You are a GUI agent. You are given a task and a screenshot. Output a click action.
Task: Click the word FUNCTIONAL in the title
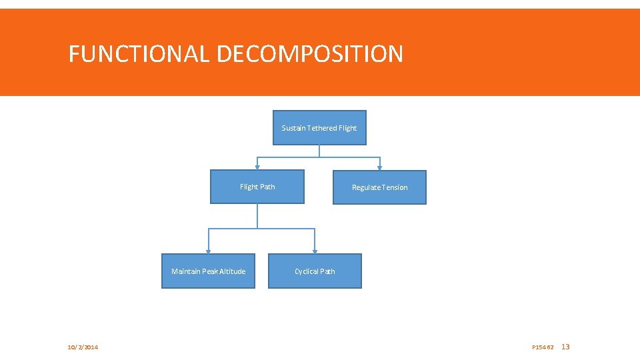(x=139, y=53)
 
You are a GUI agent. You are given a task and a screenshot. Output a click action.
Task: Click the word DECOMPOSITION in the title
(x=309, y=53)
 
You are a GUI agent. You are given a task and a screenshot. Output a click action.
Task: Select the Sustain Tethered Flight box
(x=319, y=127)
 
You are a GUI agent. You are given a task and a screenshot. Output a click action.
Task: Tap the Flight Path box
(x=257, y=187)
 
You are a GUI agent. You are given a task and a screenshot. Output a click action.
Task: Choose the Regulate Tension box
(x=379, y=187)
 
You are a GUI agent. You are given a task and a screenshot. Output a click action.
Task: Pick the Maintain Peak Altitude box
(x=208, y=271)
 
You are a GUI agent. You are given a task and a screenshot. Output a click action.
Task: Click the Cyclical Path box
(x=315, y=271)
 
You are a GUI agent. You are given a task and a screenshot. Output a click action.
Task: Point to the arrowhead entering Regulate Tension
(x=380, y=167)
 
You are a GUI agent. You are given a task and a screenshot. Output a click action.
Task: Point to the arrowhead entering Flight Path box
(x=257, y=167)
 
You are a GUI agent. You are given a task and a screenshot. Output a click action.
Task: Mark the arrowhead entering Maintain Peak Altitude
(x=208, y=251)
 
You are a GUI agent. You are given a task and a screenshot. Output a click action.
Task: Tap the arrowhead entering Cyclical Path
(x=315, y=251)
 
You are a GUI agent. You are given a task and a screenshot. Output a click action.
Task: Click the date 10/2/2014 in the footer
(x=83, y=347)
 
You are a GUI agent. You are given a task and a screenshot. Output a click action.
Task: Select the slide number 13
(x=566, y=347)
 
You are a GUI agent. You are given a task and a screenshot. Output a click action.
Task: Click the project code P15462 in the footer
(x=543, y=347)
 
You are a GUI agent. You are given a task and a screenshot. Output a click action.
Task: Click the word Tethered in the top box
(x=323, y=128)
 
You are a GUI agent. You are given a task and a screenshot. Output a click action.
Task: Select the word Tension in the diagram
(x=395, y=187)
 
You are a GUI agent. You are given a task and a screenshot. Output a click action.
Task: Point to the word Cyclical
(x=306, y=271)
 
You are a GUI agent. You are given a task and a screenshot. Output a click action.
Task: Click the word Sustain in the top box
(x=293, y=128)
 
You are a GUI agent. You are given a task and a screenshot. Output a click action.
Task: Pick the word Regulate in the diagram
(x=366, y=187)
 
